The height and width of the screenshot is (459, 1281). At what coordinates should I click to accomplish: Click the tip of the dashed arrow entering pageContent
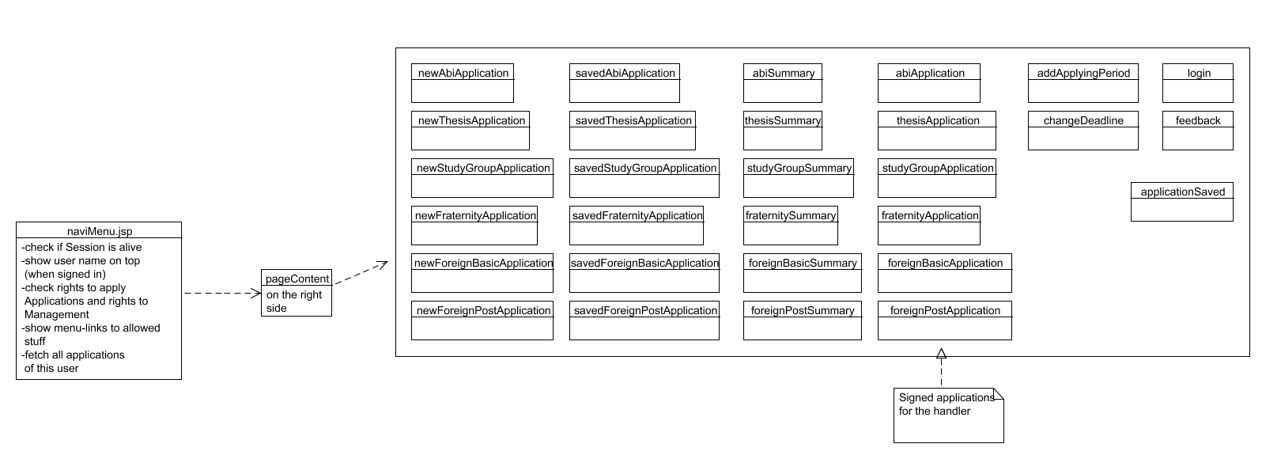pyautogui.click(x=262, y=294)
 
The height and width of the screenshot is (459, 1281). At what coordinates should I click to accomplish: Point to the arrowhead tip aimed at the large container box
pyautogui.click(x=387, y=262)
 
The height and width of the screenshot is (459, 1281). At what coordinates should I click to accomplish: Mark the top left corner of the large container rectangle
pyautogui.click(x=395, y=48)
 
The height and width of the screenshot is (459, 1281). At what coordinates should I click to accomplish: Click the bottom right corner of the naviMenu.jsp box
pyautogui.click(x=181, y=379)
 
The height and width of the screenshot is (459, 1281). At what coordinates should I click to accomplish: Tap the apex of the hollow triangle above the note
pyautogui.click(x=941, y=348)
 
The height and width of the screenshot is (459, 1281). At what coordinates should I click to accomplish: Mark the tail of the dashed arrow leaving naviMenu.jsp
pyautogui.click(x=184, y=294)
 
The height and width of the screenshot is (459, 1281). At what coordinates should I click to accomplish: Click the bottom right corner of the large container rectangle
pyautogui.click(x=1249, y=357)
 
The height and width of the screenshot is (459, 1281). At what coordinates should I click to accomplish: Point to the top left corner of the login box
pyautogui.click(x=1162, y=63)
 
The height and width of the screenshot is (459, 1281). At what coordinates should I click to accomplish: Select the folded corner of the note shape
pyautogui.click(x=999, y=394)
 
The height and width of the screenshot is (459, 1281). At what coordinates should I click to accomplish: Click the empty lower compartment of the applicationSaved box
pyautogui.click(x=1182, y=210)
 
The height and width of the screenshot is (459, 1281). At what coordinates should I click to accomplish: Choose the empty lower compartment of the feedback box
pyautogui.click(x=1197, y=138)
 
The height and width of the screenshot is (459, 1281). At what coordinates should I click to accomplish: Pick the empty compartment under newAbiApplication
pyautogui.click(x=462, y=91)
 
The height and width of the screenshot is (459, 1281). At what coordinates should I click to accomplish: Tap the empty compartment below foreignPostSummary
pyautogui.click(x=803, y=328)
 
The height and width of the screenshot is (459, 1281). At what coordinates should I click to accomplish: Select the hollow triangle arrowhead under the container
pyautogui.click(x=941, y=354)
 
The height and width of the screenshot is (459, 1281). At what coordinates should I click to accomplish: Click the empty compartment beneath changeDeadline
pyautogui.click(x=1083, y=138)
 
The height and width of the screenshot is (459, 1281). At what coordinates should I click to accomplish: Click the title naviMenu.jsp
pyautogui.click(x=100, y=231)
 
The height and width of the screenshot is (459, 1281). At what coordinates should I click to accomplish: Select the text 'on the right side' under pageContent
pyautogui.click(x=294, y=301)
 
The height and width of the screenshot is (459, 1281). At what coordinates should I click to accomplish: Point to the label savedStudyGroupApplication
pyautogui.click(x=645, y=169)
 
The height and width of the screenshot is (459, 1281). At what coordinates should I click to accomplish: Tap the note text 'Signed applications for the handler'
pyautogui.click(x=947, y=404)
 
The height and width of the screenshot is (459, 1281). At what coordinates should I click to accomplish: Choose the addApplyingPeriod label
pyautogui.click(x=1083, y=74)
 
